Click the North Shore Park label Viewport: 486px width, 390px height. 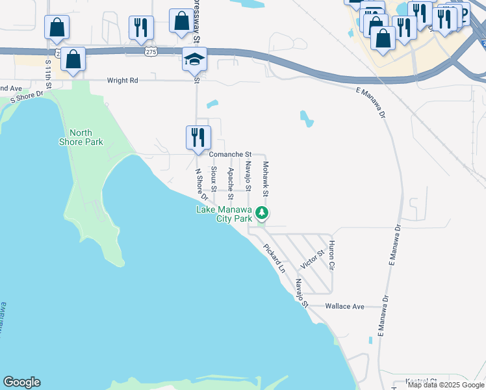coord(85,137)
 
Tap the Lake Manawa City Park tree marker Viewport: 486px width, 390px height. coord(261,213)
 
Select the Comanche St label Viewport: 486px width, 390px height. coord(230,154)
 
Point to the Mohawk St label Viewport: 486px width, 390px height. coord(265,179)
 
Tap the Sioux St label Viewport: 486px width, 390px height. coord(214,179)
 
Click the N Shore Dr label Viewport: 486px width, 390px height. coord(201,184)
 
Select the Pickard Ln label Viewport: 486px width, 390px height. coord(274,258)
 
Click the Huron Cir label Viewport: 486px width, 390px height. coord(331,255)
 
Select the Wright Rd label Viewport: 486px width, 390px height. coord(124,81)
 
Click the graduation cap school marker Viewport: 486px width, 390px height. coord(194,60)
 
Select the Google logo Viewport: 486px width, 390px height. coord(22,382)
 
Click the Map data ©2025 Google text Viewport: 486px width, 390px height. coord(446,385)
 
